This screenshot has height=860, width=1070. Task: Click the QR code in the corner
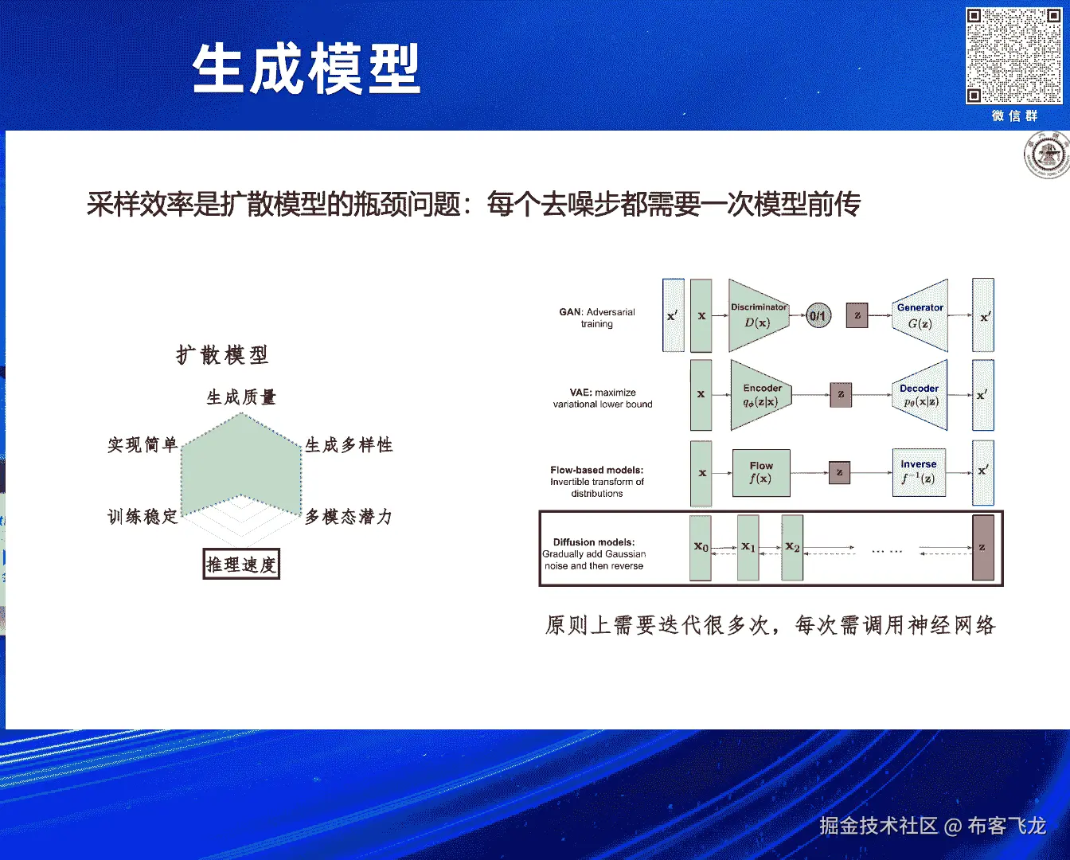tap(1013, 56)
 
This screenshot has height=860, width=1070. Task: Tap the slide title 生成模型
tap(306, 70)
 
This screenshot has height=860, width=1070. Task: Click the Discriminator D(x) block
tap(758, 315)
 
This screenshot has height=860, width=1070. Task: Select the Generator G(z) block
tap(920, 315)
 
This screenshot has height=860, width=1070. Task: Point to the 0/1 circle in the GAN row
tap(818, 316)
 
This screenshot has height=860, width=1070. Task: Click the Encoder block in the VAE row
tap(761, 395)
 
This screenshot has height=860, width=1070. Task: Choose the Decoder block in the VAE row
tap(920, 395)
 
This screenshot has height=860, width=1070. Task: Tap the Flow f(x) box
tap(761, 472)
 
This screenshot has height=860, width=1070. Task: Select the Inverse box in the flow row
tap(919, 472)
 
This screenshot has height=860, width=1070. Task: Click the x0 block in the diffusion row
tap(701, 548)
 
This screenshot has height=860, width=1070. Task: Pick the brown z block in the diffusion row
tap(983, 548)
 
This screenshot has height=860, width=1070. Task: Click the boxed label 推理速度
tap(241, 565)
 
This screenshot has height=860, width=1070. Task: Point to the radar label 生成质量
tap(241, 397)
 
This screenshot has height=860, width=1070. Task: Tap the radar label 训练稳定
tap(143, 517)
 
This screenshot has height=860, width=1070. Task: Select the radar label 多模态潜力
tap(349, 517)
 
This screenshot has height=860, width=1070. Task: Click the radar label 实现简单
tap(143, 445)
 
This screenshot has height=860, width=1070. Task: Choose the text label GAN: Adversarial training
tap(597, 318)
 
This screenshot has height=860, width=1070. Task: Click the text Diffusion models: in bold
tap(594, 542)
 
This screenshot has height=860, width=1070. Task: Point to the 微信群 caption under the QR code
tap(1014, 116)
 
